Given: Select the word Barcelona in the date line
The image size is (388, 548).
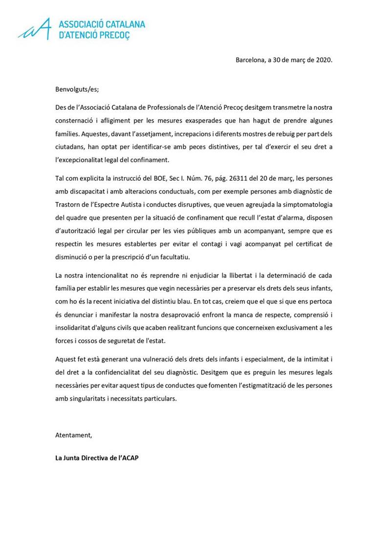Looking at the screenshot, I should pyautogui.click(x=251, y=61).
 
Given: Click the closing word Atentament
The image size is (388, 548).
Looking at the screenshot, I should pyautogui.click(x=74, y=435).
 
